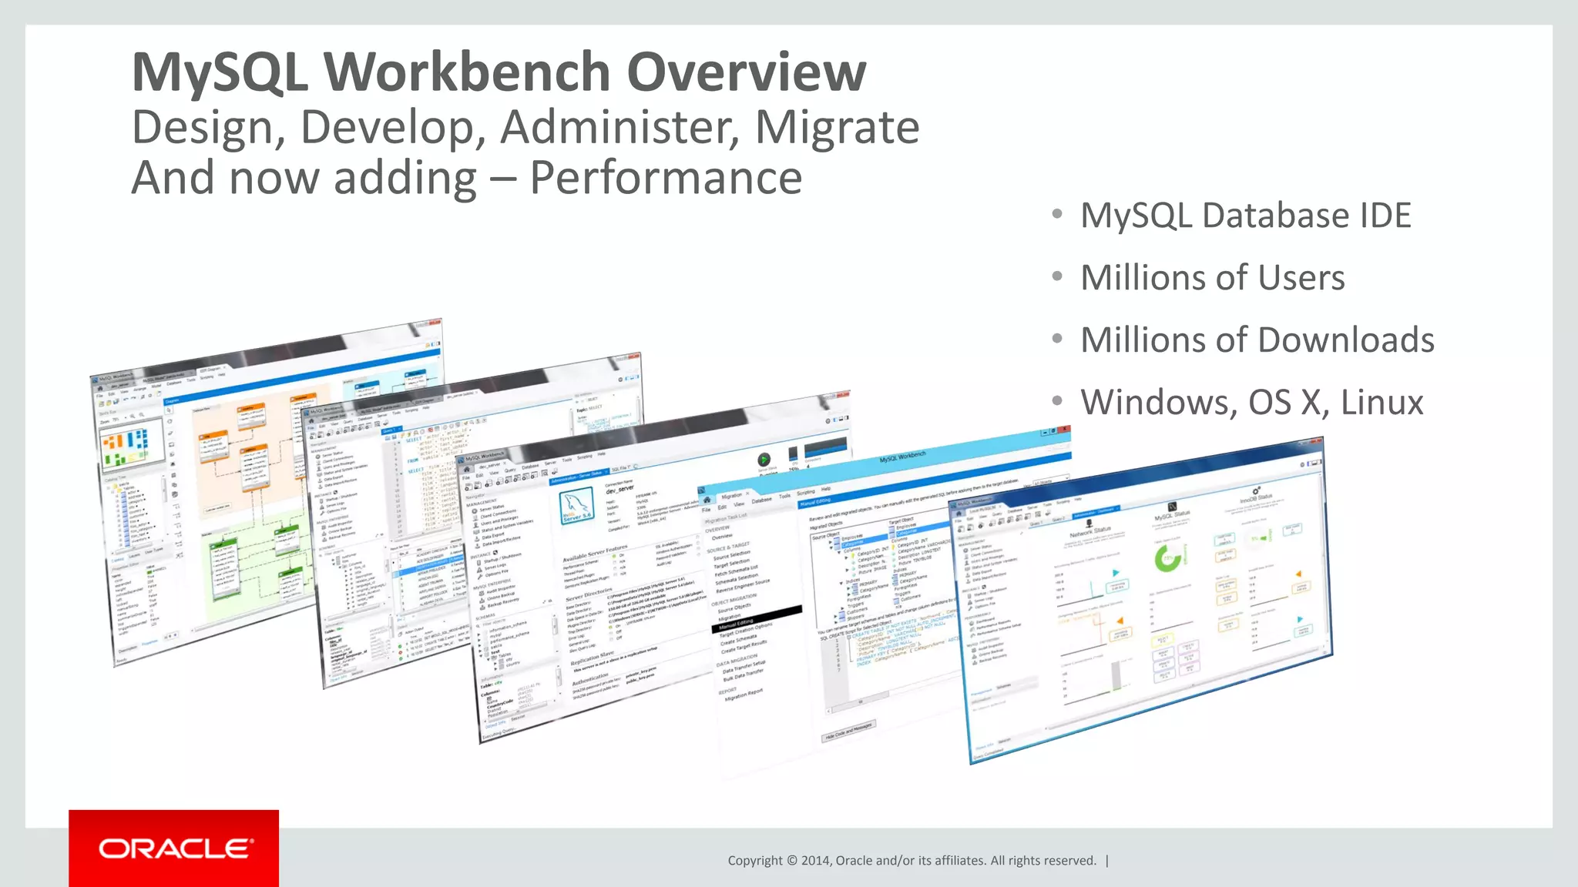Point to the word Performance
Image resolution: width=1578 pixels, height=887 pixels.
pos(666,178)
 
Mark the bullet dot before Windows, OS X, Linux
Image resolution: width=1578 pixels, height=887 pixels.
pos(1057,400)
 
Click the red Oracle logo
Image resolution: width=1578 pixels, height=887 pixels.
pos(174,849)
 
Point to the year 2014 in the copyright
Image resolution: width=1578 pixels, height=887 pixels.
pos(815,861)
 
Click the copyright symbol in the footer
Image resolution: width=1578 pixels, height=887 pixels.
pos(791,861)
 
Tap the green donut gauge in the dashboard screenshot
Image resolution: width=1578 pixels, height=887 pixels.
pos(1168,557)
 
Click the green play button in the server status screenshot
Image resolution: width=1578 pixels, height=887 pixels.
pos(764,460)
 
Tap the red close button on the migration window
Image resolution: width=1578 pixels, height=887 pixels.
pos(1063,430)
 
